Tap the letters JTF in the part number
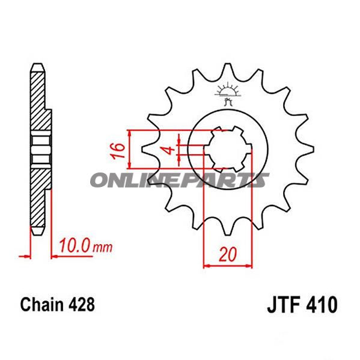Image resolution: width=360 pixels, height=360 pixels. coord(280,305)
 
